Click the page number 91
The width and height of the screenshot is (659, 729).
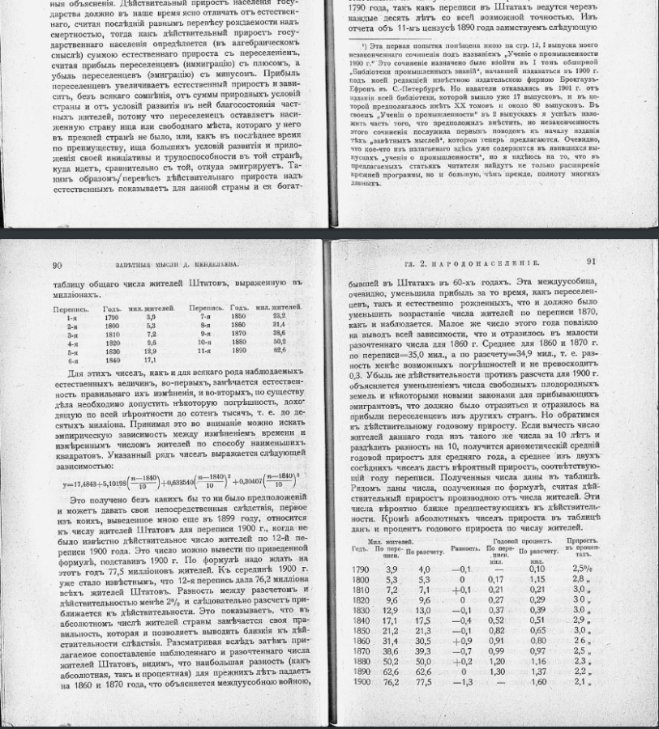(x=591, y=261)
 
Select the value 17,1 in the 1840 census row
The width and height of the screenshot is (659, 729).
(x=149, y=360)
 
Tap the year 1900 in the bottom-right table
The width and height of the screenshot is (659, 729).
(x=361, y=682)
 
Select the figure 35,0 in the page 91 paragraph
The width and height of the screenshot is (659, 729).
(x=413, y=354)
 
